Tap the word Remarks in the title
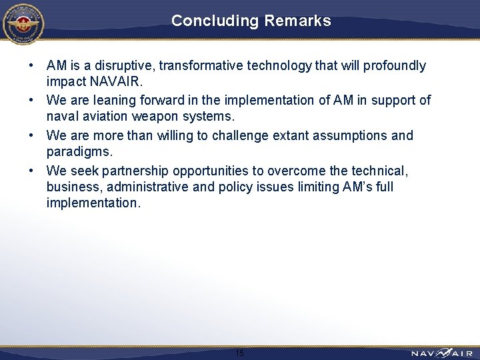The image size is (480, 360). [297, 21]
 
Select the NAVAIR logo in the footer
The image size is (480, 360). [441, 353]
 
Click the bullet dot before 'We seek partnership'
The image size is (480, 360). [31, 170]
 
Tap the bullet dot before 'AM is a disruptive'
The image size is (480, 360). [31, 65]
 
